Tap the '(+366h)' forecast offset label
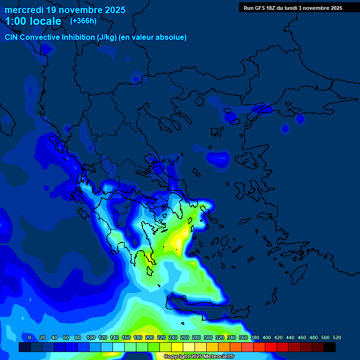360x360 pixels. click(x=83, y=21)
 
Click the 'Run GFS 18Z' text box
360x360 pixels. click(x=293, y=7)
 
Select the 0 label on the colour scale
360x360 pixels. click(x=30, y=337)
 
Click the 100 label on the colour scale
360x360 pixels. click(x=91, y=337)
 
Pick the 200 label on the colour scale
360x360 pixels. click(x=150, y=337)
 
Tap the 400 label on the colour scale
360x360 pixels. click(x=267, y=337)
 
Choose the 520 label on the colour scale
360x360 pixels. click(x=337, y=337)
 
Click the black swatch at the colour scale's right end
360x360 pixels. click(x=330, y=347)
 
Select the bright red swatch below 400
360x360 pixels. click(x=271, y=347)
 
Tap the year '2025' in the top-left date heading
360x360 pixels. click(x=112, y=10)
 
